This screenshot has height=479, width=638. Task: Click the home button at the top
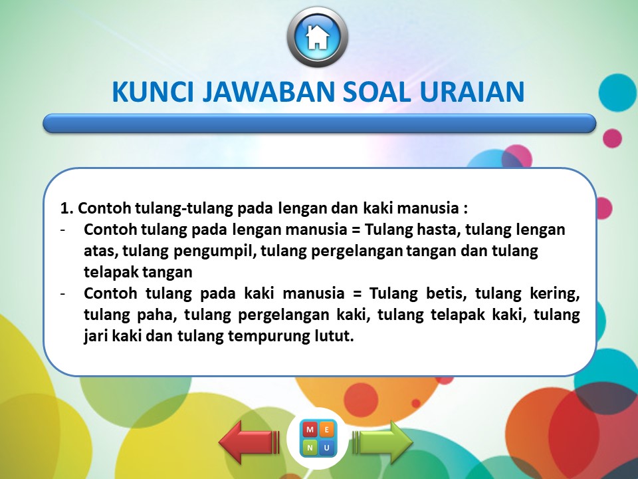pyautogui.click(x=318, y=37)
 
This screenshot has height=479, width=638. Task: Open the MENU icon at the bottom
pyautogui.click(x=318, y=438)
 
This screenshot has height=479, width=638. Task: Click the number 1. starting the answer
pyautogui.click(x=66, y=208)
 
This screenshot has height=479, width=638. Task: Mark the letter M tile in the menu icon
pyautogui.click(x=310, y=430)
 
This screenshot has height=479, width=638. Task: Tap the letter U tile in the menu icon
pyautogui.click(x=326, y=447)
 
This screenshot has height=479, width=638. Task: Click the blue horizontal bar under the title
pyautogui.click(x=319, y=123)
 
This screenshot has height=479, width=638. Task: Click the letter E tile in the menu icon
pyautogui.click(x=326, y=430)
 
